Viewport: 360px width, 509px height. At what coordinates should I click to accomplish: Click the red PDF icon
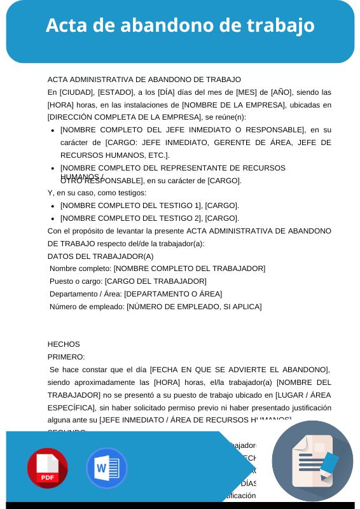pyautogui.click(x=47, y=468)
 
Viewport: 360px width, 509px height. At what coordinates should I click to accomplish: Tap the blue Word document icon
pyautogui.click(x=107, y=468)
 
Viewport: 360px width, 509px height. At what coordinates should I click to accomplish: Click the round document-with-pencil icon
pyautogui.click(x=312, y=461)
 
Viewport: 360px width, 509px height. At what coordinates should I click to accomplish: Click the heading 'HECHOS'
pyautogui.click(x=64, y=344)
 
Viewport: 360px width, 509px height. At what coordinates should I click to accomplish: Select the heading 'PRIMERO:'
pyautogui.click(x=66, y=357)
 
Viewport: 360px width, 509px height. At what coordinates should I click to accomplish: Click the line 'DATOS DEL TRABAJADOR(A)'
pyautogui.click(x=100, y=256)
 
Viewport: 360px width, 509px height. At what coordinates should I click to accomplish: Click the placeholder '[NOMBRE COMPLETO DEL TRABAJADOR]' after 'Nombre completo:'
pyautogui.click(x=190, y=268)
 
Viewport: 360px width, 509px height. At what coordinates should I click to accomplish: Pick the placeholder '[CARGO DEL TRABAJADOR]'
pyautogui.click(x=156, y=281)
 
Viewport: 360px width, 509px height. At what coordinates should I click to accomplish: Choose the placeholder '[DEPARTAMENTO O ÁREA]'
pyautogui.click(x=173, y=294)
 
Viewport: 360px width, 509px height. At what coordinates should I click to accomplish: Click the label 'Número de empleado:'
pyautogui.click(x=87, y=307)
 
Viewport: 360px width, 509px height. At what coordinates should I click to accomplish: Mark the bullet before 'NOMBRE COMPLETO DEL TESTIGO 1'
pyautogui.click(x=52, y=206)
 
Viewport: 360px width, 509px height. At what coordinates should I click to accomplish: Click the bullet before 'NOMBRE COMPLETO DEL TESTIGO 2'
pyautogui.click(x=52, y=219)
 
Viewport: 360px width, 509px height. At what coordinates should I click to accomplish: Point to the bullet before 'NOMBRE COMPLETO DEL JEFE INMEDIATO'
pyautogui.click(x=52, y=130)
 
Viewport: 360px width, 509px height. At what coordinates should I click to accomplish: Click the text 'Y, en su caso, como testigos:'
pyautogui.click(x=97, y=193)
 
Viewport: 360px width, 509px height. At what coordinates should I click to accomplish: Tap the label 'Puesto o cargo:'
pyautogui.click(x=76, y=281)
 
